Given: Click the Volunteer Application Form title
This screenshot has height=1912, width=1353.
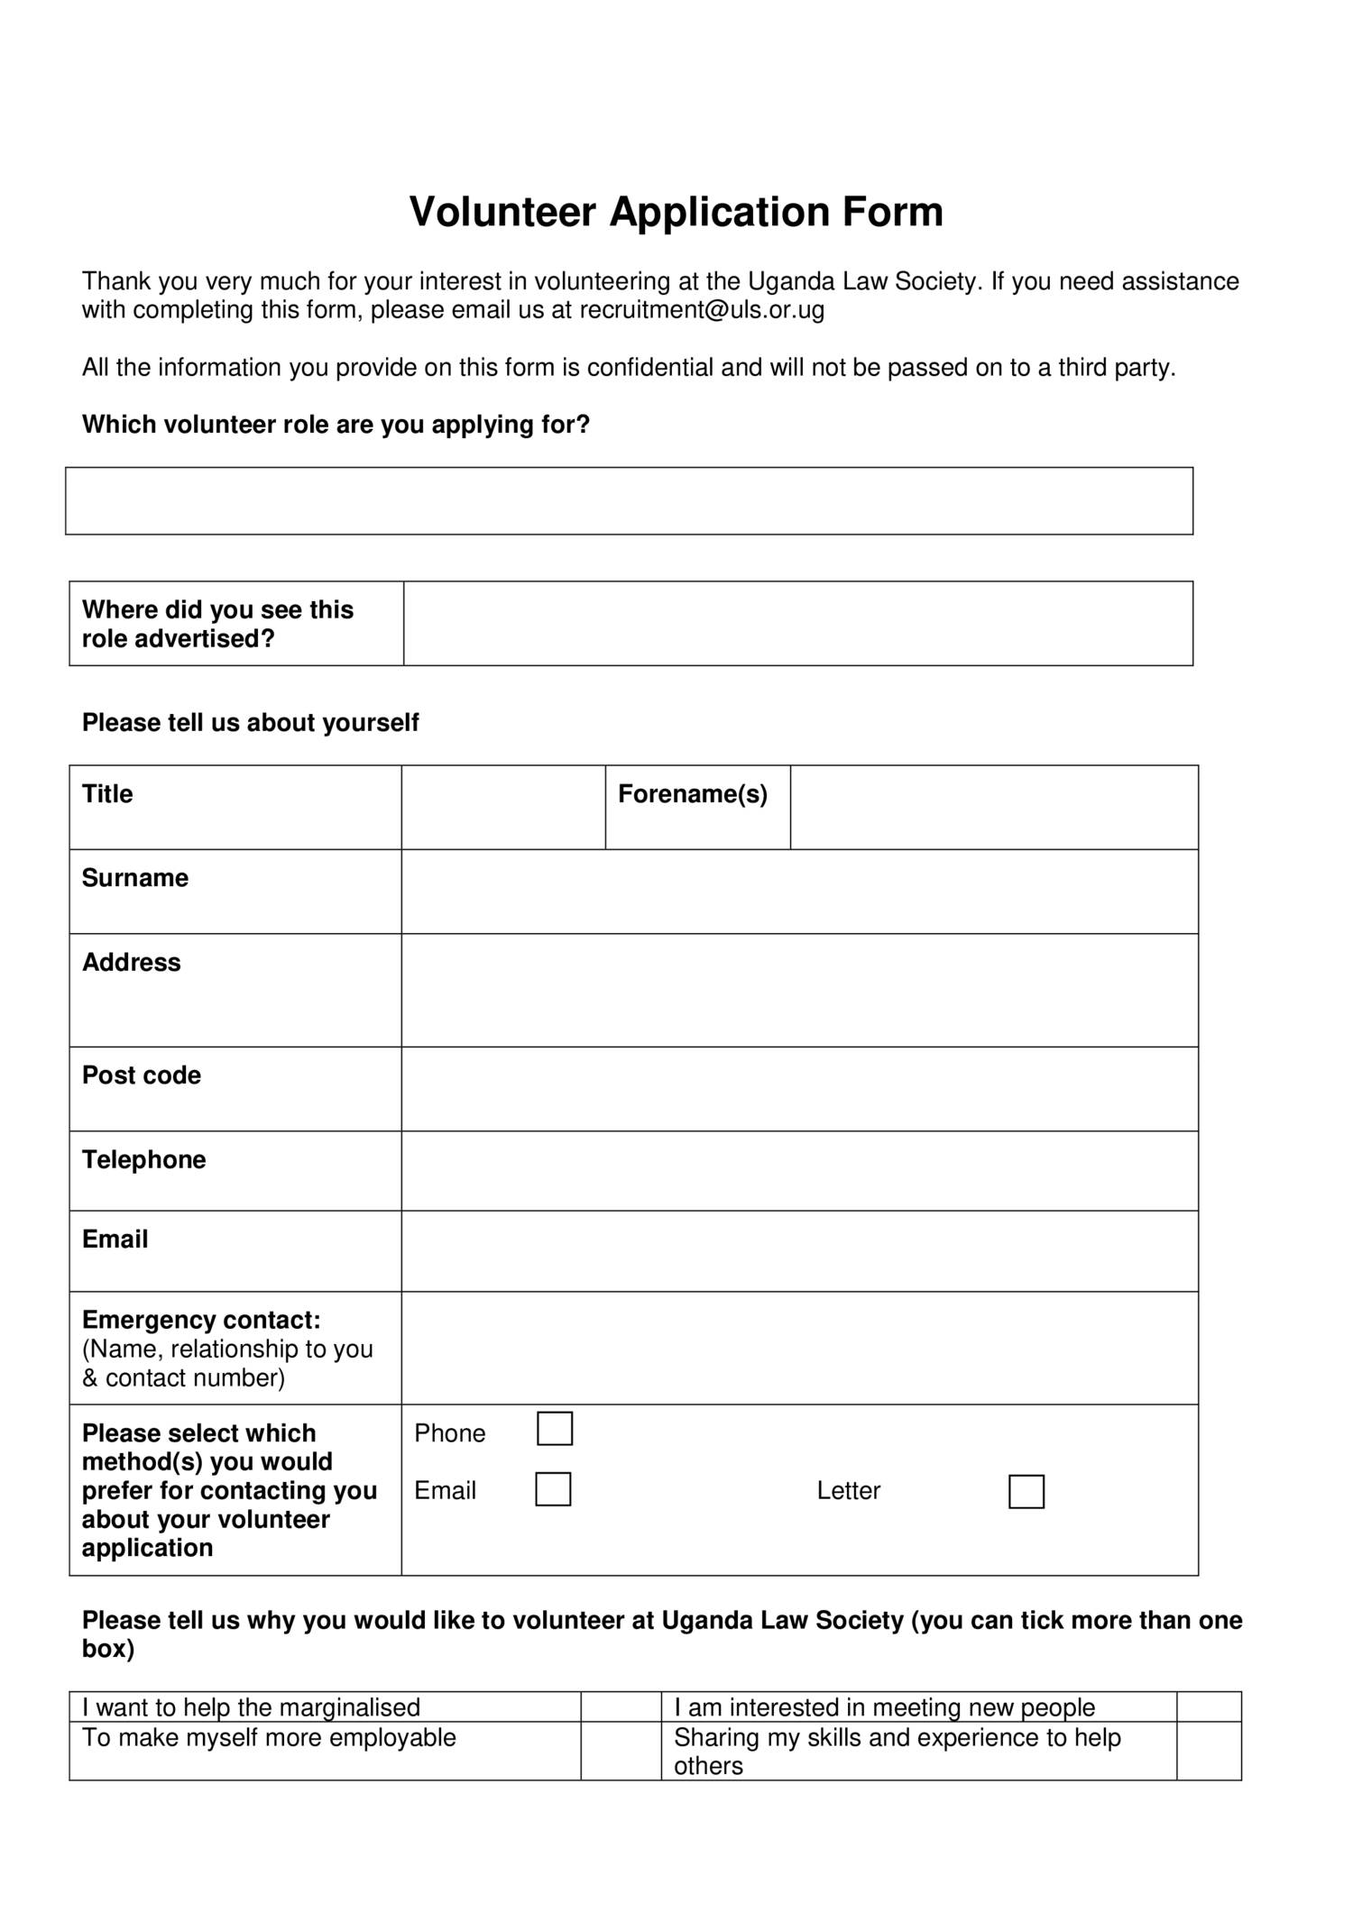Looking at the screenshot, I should tap(676, 213).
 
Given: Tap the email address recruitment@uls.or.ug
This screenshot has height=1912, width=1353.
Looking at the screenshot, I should tap(701, 310).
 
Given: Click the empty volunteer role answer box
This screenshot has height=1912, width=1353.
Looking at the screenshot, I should tap(629, 501).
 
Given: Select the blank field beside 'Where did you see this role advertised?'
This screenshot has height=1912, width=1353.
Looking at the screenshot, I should tap(797, 624).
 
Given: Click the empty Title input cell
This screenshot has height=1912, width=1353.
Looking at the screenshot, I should tap(502, 808).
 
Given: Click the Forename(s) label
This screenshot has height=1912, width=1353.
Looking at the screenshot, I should tap(692, 794).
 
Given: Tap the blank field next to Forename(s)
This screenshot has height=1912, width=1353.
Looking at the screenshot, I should tap(993, 808).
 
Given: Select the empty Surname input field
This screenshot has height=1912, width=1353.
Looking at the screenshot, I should tap(799, 892).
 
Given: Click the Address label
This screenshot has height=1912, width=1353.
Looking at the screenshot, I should tap(132, 963).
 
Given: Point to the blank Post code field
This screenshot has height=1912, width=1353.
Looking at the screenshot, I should tap(799, 1089).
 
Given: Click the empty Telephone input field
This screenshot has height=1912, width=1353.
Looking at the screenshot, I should tap(799, 1171).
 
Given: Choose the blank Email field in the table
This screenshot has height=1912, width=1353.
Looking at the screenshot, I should tap(799, 1251).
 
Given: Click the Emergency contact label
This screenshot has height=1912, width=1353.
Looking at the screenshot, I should tap(201, 1320).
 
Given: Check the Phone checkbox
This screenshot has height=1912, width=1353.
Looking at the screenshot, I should tap(555, 1429).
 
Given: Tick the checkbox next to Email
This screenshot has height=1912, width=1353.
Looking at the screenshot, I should tap(553, 1489).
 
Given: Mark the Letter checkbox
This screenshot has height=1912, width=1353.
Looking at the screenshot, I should tap(1026, 1492).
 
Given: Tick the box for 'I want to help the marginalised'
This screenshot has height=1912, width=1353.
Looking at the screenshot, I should tap(621, 1706).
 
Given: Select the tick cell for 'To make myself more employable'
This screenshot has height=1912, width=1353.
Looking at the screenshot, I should tap(621, 1751).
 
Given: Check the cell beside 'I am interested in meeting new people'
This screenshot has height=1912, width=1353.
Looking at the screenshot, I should tap(1209, 1706).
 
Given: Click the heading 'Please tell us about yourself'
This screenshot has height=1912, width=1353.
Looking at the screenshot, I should tap(250, 723).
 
